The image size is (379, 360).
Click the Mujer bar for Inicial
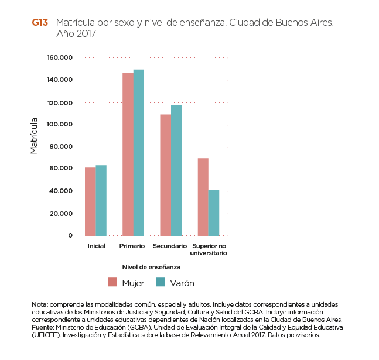(90, 201)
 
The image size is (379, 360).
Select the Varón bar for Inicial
(101, 200)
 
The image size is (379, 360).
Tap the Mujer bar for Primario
(128, 154)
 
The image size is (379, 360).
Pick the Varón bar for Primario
(138, 152)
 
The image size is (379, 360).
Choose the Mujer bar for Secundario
(165, 174)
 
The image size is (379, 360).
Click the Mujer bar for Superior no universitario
(203, 197)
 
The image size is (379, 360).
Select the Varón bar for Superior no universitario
(214, 212)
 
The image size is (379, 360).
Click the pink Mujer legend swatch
(112, 283)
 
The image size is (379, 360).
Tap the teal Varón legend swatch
(161, 283)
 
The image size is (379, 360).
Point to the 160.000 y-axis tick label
(59, 57)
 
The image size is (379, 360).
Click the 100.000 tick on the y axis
(59, 124)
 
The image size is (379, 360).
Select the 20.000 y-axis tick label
(61, 213)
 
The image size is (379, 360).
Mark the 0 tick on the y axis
(70, 235)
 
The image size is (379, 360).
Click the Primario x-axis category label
(132, 246)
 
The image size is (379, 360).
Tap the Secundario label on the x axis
(170, 246)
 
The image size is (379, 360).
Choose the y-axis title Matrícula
(34, 135)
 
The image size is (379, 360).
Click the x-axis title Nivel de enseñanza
(151, 266)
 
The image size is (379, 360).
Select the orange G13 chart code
(40, 23)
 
